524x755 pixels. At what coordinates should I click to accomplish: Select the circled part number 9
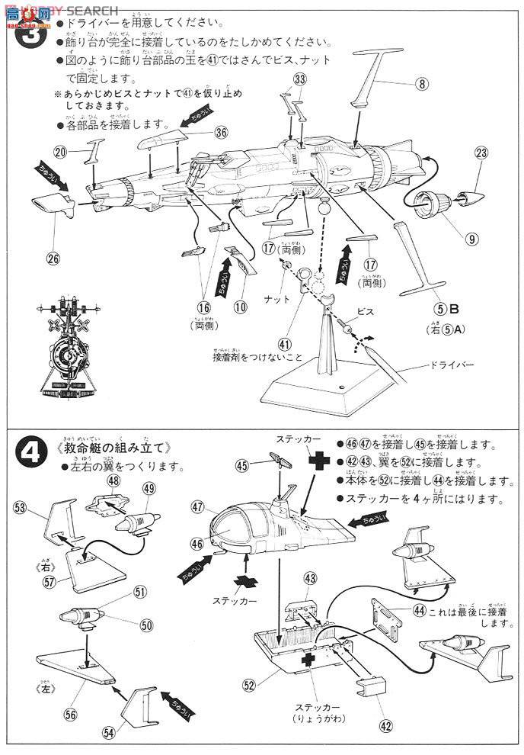[473, 239]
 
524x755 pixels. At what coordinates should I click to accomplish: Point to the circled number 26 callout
[53, 258]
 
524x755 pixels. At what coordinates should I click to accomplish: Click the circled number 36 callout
[221, 132]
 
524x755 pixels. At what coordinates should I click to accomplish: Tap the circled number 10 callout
[241, 307]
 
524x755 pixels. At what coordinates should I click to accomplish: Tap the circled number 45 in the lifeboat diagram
[242, 464]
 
